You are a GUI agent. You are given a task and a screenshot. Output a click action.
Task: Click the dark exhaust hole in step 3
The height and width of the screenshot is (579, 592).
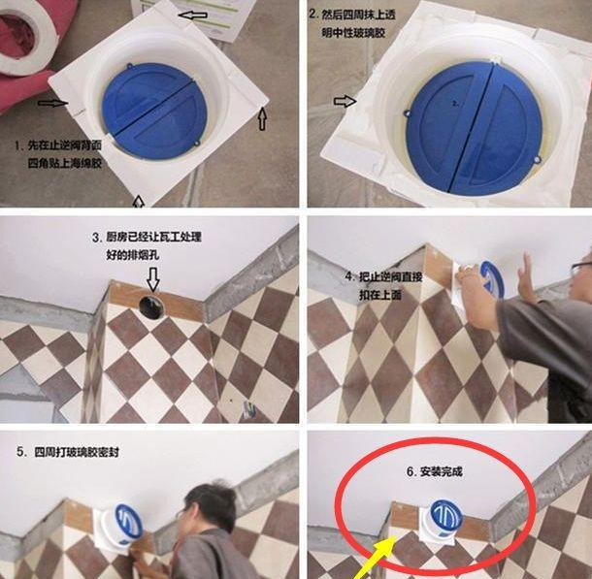[151, 306]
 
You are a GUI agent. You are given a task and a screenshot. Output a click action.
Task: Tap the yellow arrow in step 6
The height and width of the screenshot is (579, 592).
[374, 558]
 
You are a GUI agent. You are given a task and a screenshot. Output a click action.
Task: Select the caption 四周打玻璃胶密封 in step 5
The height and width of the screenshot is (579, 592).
[77, 452]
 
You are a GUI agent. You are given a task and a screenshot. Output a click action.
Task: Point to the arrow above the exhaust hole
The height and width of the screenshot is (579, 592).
[153, 279]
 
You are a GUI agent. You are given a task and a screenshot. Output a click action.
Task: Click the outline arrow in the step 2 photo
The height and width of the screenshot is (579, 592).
[345, 101]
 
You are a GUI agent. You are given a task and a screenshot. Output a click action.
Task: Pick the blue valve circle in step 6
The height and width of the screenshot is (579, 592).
[446, 515]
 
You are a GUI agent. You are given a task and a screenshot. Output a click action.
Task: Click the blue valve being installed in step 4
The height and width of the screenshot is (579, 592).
[492, 280]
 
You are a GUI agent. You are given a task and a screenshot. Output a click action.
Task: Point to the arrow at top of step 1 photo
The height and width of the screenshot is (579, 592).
[192, 16]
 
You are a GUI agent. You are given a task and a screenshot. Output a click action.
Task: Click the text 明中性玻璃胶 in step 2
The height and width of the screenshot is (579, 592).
[353, 33]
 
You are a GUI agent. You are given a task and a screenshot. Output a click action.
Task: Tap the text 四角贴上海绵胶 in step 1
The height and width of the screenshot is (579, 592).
[65, 163]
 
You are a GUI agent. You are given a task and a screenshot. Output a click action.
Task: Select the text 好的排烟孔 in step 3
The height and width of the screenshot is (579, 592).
[133, 255]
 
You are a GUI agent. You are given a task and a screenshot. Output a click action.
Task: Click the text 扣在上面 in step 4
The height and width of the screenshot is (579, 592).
[380, 295]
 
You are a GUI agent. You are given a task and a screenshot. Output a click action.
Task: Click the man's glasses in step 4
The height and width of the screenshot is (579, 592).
[580, 268]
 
